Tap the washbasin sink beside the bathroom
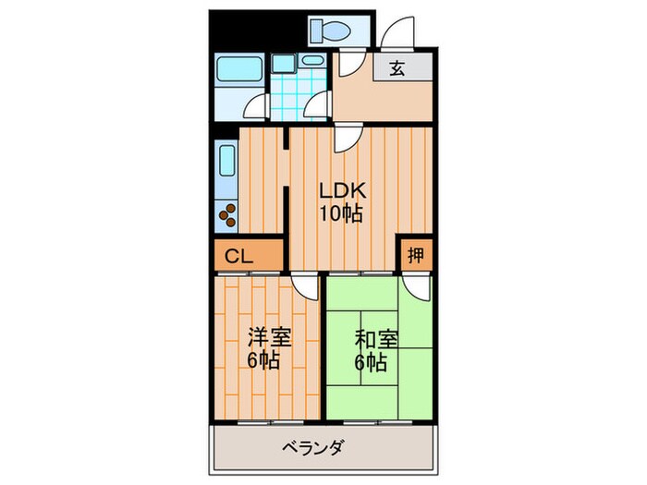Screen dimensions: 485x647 click(x=313, y=62)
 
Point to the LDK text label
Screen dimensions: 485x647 click(x=343, y=192)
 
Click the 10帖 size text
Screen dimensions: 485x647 click(x=341, y=215)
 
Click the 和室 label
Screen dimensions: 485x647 click(x=377, y=338)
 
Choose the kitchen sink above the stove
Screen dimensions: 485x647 click(x=227, y=164)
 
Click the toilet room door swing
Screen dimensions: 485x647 click(x=348, y=64)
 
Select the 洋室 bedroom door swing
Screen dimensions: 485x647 click(x=303, y=286)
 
